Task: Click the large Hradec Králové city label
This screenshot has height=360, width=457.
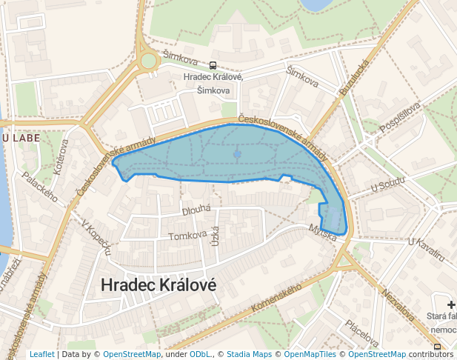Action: pos(158,285)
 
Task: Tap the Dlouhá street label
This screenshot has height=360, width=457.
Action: pos(197,210)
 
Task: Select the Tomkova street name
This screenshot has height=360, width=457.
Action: pos(187,236)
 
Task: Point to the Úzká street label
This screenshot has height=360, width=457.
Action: pos(216,236)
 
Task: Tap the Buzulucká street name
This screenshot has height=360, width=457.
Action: pos(354,77)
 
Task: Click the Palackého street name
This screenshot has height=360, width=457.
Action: pos(40,186)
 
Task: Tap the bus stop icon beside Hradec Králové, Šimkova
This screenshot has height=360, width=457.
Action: pos(213,65)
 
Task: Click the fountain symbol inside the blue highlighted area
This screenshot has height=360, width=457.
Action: pos(237,153)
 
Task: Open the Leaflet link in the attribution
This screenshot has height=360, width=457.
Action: pos(41,355)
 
